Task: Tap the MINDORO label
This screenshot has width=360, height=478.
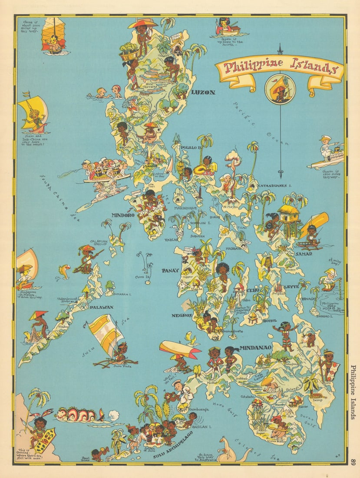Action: coord(123,215)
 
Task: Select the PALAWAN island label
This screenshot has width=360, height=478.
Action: coord(101,307)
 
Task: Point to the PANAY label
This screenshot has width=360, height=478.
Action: coord(170,270)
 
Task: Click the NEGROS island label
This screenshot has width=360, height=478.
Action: coord(182,315)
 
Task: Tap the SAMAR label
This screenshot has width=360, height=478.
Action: coord(304,254)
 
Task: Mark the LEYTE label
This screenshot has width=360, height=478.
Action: coord(291,287)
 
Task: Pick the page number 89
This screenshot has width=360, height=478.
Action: coord(354,462)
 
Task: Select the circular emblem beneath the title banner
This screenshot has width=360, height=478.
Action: coord(280,89)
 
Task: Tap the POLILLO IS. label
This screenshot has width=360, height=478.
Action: coord(192,148)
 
